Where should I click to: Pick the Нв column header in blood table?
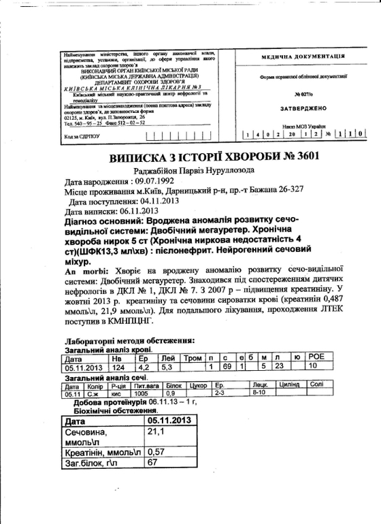tap(117, 358)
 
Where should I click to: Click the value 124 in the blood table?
tap(119, 367)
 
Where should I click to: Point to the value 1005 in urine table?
tap(142, 393)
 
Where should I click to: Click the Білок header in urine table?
tap(176, 385)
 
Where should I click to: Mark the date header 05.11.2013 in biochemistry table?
tap(168, 421)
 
